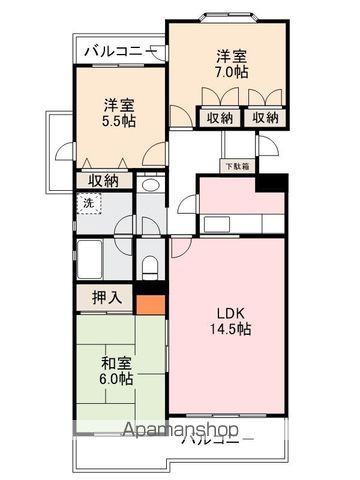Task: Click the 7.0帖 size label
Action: pos(228,73)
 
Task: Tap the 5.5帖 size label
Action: pos(118,121)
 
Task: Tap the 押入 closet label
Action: pos(107,297)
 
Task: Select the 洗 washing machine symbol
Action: pos(88,204)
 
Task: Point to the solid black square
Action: pos(271,182)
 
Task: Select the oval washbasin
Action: pos(149,186)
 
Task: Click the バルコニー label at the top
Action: pos(117,50)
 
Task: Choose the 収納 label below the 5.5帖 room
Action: pos(104,181)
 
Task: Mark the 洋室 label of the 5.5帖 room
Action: pos(118,102)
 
